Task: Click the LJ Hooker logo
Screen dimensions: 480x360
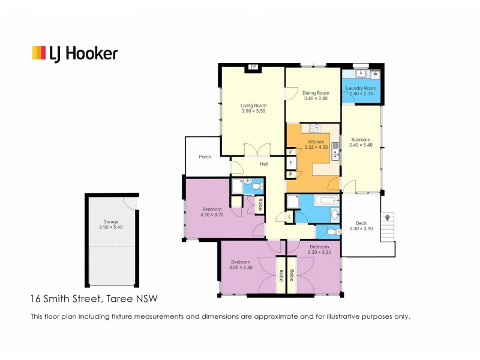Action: click(x=75, y=54)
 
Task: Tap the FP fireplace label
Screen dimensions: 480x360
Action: click(x=253, y=67)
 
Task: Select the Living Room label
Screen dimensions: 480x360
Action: click(x=253, y=106)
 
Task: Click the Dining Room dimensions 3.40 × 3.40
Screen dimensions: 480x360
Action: click(x=316, y=98)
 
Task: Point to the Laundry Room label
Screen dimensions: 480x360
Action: click(x=361, y=88)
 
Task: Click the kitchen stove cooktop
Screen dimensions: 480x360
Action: click(x=314, y=128)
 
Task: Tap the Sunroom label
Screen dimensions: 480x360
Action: click(x=361, y=140)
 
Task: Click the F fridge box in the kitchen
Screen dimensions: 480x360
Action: click(x=291, y=163)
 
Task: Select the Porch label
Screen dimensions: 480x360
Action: click(x=205, y=157)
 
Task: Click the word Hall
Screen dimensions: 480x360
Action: click(x=264, y=164)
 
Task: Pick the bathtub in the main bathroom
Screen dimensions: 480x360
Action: click(x=326, y=200)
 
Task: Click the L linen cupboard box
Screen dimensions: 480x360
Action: click(x=290, y=217)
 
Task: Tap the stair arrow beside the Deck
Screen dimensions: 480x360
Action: click(x=388, y=218)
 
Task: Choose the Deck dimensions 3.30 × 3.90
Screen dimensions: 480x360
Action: click(x=361, y=229)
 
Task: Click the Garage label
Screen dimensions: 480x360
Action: click(x=111, y=221)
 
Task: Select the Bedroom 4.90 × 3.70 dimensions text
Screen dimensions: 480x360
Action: click(x=212, y=215)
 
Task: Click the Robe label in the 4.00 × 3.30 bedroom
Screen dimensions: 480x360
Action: click(x=281, y=275)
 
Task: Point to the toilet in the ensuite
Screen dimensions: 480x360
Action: click(x=258, y=186)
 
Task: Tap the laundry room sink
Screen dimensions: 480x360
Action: click(x=362, y=73)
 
